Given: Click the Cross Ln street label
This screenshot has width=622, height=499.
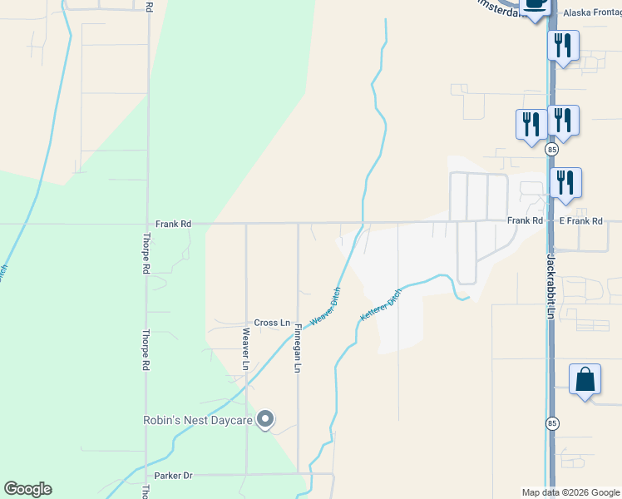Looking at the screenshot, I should coord(272,323).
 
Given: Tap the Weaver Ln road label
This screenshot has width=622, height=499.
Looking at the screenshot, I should coord(246,348).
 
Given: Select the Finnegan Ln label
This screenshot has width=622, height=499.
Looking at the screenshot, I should coord(297,348).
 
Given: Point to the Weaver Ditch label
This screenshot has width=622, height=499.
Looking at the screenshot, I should coord(325,307).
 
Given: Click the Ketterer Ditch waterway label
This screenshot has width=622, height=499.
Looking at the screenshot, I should coord(381,305).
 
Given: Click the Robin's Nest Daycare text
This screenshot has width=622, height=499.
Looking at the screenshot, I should coord(198,421).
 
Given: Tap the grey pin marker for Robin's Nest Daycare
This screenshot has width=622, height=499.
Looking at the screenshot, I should coord(265,420).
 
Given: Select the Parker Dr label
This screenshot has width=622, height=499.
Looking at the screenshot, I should coord(175,476).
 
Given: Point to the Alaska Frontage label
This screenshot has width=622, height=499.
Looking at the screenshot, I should coord(591,13).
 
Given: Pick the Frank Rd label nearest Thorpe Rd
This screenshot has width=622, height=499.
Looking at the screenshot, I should coord(174,224).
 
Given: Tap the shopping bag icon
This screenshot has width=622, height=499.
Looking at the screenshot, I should coord(585,379).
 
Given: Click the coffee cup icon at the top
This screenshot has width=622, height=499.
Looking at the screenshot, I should coord(535,5).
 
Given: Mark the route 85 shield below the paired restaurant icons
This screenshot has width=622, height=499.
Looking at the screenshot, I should coord(552,150).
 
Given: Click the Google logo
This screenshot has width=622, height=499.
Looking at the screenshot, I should coord(27,488).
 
